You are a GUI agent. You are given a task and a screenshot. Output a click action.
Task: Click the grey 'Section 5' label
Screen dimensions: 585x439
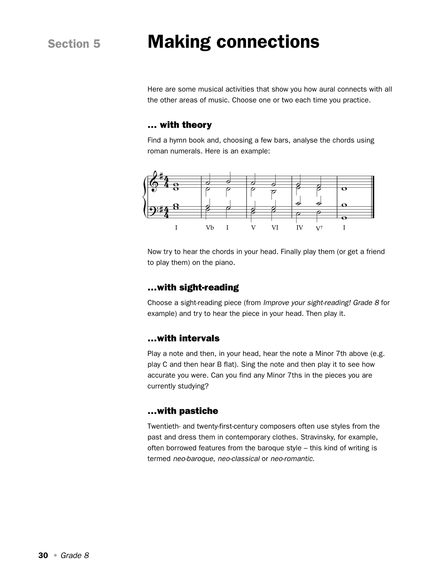point(74,44)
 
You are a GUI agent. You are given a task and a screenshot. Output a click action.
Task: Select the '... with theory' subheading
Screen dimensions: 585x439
point(180,125)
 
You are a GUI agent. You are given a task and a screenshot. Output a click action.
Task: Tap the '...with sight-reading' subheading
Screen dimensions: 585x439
point(193,287)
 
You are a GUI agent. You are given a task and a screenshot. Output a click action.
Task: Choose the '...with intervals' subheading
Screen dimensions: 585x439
point(183,338)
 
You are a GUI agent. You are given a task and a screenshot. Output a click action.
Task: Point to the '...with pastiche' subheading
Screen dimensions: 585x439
point(183,411)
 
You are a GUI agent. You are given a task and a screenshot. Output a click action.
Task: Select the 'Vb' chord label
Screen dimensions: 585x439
point(210,228)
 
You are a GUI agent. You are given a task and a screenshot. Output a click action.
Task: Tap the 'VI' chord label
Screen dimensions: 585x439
point(275,228)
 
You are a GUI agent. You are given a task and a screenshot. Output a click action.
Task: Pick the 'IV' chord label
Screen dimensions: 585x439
point(300,228)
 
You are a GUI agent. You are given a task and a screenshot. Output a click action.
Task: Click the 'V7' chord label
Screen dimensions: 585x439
point(319,228)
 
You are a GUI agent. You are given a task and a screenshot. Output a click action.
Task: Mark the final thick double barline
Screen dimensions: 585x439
point(372,197)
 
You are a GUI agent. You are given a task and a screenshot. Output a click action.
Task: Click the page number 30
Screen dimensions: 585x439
point(43,556)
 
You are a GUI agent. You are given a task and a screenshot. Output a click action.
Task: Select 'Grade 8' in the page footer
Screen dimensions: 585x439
point(75,556)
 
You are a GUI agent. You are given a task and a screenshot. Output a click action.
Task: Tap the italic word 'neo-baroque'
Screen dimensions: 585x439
point(193,459)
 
